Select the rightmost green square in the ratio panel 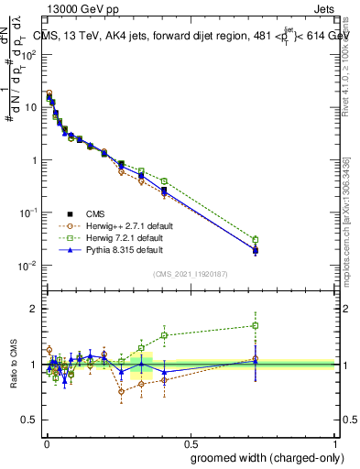[x=256, y=325]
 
